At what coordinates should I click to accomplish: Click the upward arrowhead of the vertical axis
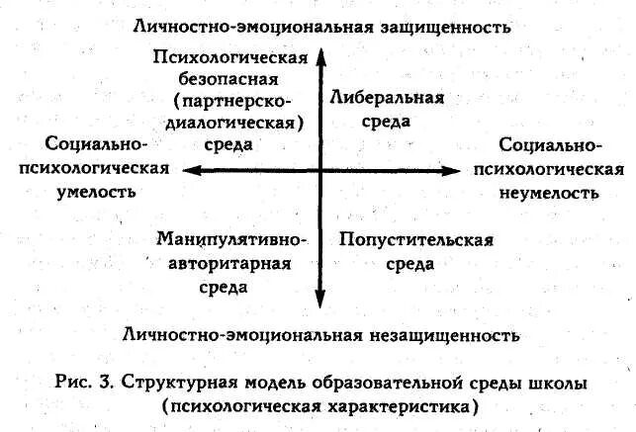coord(320,56)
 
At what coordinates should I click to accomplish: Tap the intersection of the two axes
coord(320,170)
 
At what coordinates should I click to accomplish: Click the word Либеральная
coord(389,99)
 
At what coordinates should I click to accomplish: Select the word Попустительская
coord(415,240)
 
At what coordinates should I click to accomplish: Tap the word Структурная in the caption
coord(206,381)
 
